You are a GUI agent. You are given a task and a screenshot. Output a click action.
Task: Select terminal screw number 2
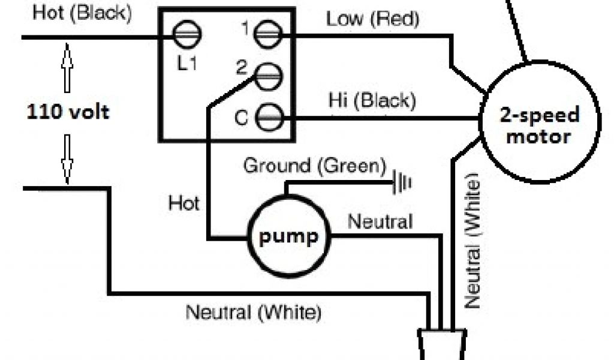pyautogui.click(x=268, y=76)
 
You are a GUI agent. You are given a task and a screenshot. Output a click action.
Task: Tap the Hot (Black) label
pyautogui.click(x=83, y=14)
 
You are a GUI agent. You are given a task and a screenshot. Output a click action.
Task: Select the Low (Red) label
pyautogui.click(x=372, y=19)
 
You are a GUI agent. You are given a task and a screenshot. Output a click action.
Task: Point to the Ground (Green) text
pyautogui.click(x=314, y=166)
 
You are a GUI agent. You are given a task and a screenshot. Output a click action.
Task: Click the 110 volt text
pyautogui.click(x=68, y=111)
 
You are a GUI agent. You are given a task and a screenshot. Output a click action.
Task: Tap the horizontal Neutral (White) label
pyautogui.click(x=254, y=313)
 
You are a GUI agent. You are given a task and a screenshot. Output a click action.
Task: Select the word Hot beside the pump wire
pyautogui.click(x=184, y=203)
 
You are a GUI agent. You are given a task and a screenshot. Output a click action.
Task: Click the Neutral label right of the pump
pyautogui.click(x=380, y=222)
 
